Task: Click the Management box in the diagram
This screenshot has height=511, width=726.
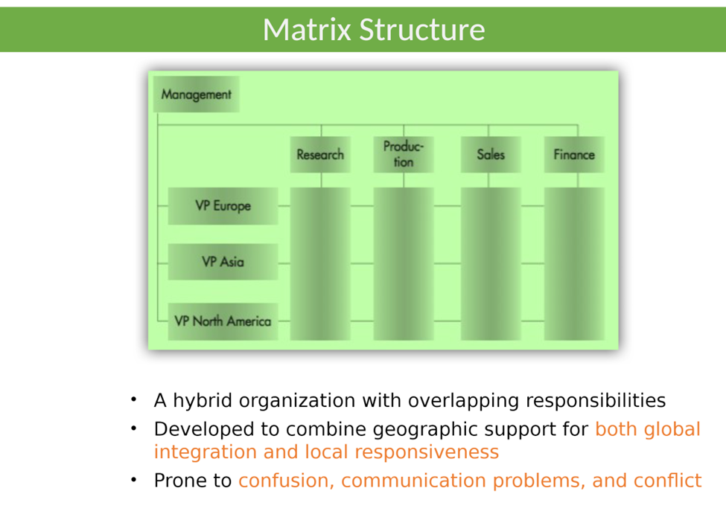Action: pyautogui.click(x=196, y=95)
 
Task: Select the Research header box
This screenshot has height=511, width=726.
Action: pyautogui.click(x=320, y=155)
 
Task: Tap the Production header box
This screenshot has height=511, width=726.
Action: pyautogui.click(x=403, y=155)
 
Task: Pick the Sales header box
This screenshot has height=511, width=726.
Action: pyautogui.click(x=491, y=155)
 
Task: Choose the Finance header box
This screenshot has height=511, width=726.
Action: pyautogui.click(x=574, y=155)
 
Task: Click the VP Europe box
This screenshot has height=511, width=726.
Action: pyautogui.click(x=223, y=206)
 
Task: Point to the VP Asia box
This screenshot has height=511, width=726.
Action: pyautogui.click(x=223, y=262)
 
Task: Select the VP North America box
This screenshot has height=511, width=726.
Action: pyautogui.click(x=223, y=321)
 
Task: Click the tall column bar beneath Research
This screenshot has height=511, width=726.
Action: pyautogui.click(x=320, y=263)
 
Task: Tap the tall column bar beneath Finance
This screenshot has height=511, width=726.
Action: pyautogui.click(x=574, y=263)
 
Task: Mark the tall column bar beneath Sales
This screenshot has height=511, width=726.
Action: pyautogui.click(x=491, y=263)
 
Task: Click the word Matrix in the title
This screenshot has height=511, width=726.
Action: pyautogui.click(x=306, y=30)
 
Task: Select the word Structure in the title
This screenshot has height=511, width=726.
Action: pyautogui.click(x=421, y=30)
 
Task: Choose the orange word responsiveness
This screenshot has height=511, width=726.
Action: pyautogui.click(x=426, y=452)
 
